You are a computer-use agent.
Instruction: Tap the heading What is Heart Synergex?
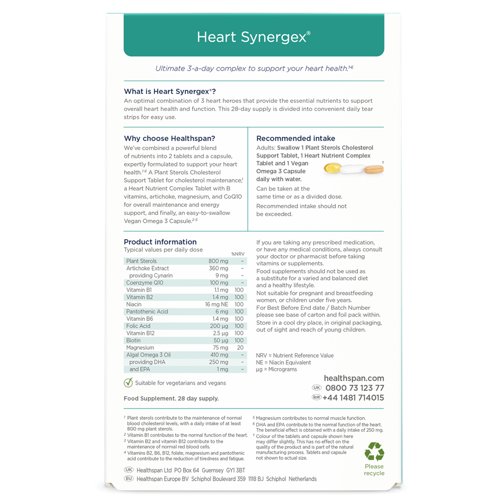[x=169, y=91]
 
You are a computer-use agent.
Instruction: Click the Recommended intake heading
[x=296, y=138]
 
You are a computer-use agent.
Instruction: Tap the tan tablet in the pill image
[x=375, y=169]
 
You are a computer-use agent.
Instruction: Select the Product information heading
[x=160, y=242]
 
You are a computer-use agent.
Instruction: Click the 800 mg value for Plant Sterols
[x=218, y=261]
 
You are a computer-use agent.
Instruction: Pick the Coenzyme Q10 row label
[x=144, y=283]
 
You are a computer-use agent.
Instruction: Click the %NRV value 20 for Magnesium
[x=240, y=347]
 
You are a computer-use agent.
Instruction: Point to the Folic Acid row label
[x=138, y=326]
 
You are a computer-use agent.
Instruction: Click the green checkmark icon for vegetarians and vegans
[x=128, y=383]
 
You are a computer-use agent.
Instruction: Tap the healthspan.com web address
[x=354, y=378]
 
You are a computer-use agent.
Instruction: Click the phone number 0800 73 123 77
[x=354, y=388]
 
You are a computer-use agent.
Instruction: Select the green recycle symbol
[x=374, y=452]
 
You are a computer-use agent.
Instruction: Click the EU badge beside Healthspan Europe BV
[x=128, y=479]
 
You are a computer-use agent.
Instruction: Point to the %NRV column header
[x=238, y=254]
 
